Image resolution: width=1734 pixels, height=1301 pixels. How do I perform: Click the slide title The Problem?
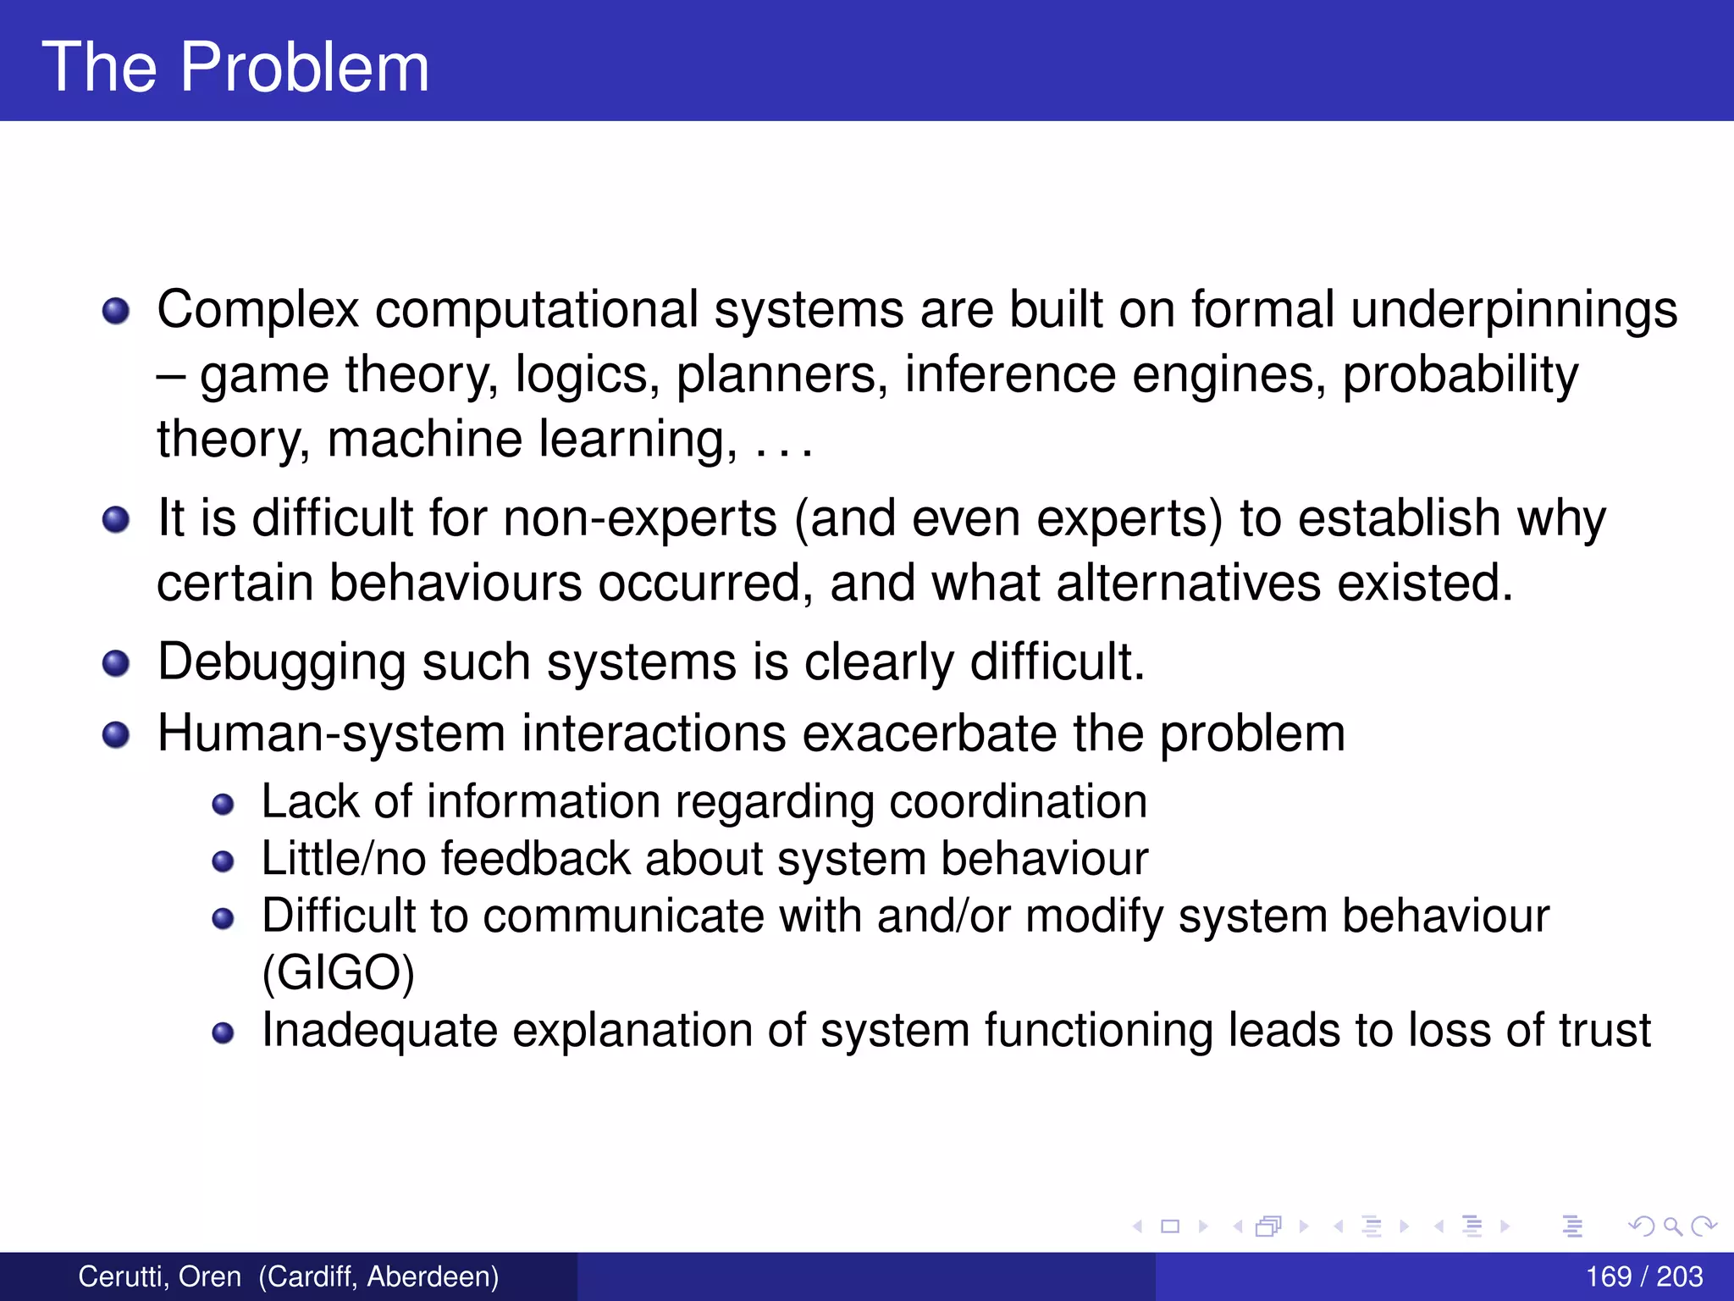(x=235, y=67)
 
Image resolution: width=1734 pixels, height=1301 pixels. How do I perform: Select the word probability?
(x=1461, y=374)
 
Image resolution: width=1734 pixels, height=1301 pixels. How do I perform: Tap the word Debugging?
(x=281, y=662)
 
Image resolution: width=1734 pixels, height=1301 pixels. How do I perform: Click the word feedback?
(x=535, y=859)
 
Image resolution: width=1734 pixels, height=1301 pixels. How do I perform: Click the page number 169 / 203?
(x=1643, y=1276)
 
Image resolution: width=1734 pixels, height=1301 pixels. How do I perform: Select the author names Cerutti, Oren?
(x=159, y=1276)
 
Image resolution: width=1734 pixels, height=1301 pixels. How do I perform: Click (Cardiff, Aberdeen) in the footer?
(x=378, y=1276)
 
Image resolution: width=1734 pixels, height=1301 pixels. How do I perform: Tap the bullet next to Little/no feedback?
(x=223, y=862)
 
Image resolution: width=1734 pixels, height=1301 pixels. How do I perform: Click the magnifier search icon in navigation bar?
(x=1672, y=1226)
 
